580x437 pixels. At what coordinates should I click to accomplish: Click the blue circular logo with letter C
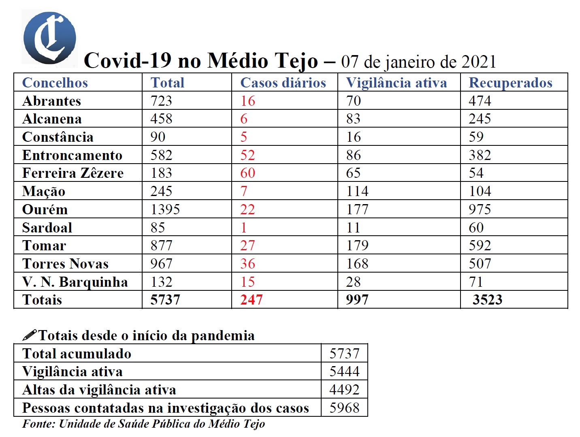coord(49,38)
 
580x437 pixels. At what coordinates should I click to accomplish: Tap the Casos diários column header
coord(283,83)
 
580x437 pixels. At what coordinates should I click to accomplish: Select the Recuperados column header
coord(510,83)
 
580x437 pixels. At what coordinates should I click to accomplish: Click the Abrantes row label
coord(51,101)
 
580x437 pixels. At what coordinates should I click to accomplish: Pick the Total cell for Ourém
coord(165,209)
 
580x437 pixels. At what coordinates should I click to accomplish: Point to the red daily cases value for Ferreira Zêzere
coord(247,173)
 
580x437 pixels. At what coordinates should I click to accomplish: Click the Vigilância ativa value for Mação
coord(357,191)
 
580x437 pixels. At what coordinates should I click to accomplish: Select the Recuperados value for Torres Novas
coord(480,264)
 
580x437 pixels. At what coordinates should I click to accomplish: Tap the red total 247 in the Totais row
coord(251,300)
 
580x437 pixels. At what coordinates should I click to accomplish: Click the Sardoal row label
coord(47,228)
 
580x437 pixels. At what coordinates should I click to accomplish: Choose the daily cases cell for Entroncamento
coord(247,155)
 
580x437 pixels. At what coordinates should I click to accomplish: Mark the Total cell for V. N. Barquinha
coord(161,282)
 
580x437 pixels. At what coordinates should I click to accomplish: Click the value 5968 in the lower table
coord(344,408)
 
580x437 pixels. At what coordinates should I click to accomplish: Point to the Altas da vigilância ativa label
coord(99,390)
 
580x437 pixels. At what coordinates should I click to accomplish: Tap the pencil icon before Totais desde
coord(30,335)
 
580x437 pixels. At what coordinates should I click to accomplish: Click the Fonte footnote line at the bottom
coord(143,424)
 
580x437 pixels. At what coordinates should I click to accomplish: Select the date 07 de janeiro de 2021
coord(418,62)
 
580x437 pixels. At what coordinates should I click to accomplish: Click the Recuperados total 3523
coord(487,300)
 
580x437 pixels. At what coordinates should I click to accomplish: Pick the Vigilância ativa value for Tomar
coord(357,245)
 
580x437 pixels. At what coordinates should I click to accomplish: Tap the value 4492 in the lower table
coord(344,390)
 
